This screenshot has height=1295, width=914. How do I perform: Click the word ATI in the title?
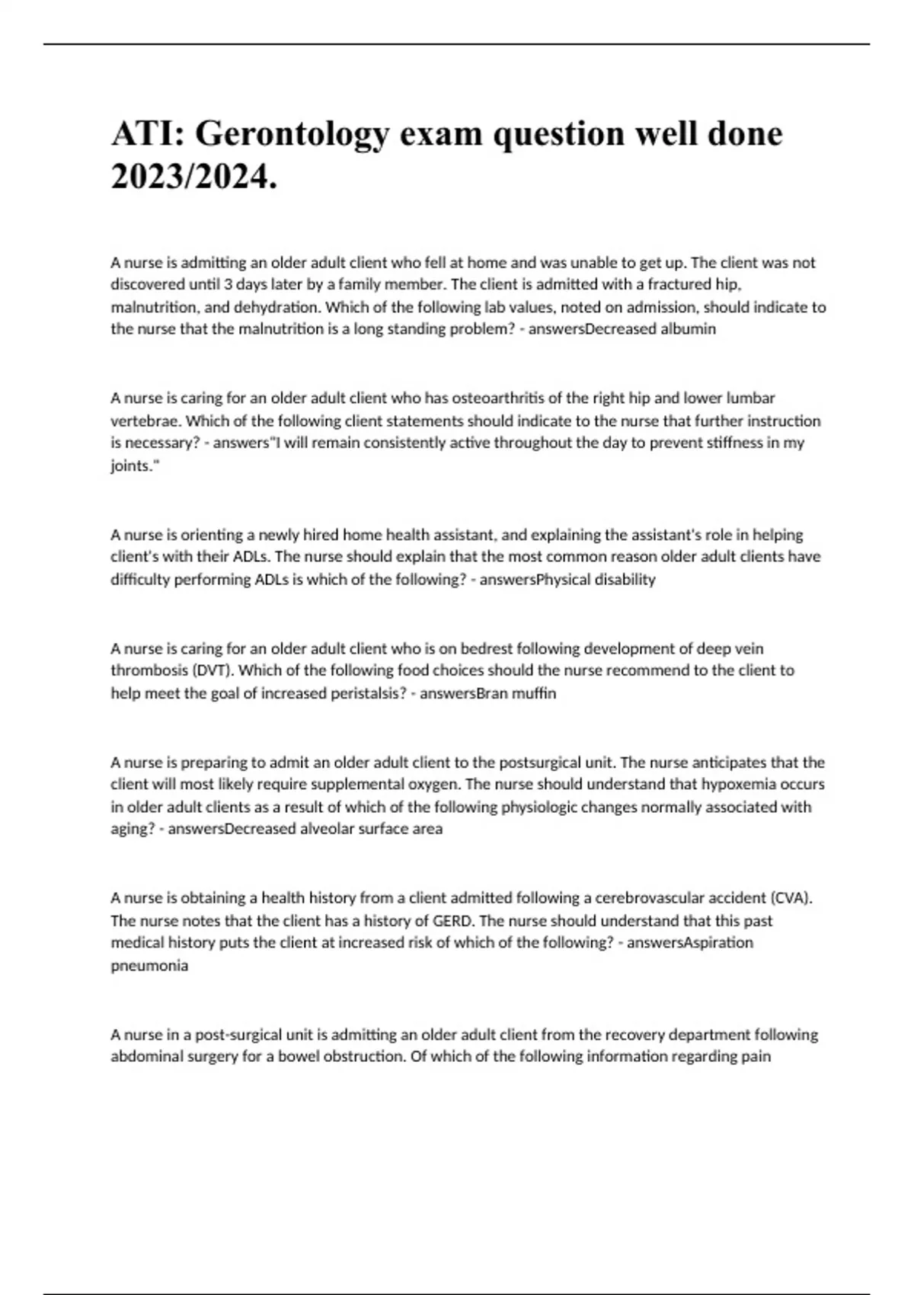click(x=145, y=133)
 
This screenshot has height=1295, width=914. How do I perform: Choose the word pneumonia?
click(x=149, y=965)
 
